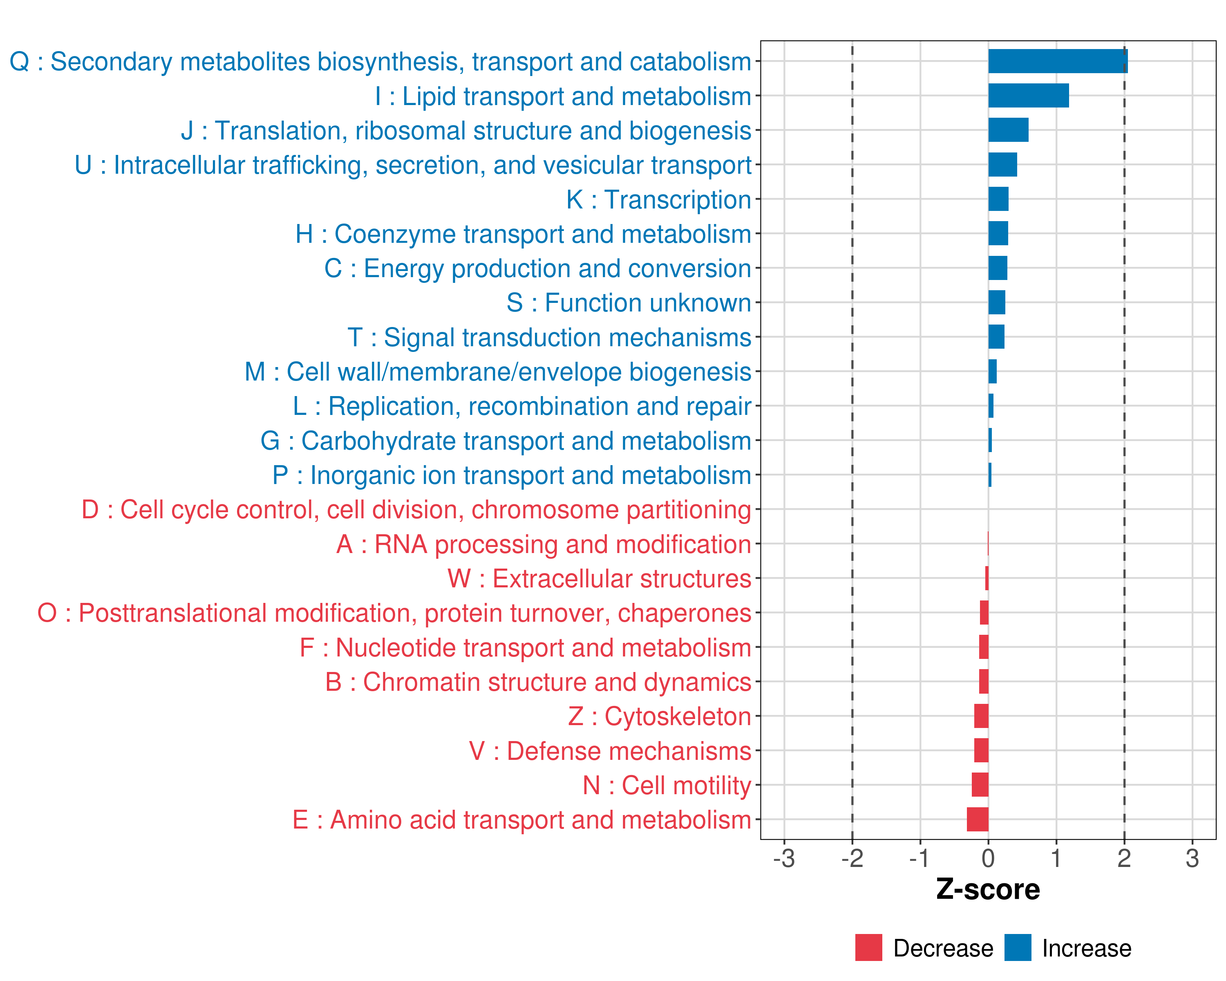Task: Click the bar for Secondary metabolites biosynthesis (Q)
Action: [x=1057, y=61]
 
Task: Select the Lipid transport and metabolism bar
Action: [x=1028, y=96]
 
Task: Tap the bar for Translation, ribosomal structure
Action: [x=1008, y=130]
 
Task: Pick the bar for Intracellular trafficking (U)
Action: [x=1002, y=165]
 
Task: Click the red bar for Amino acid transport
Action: [x=978, y=820]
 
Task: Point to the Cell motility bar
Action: [x=980, y=785]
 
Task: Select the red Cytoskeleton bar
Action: [x=981, y=716]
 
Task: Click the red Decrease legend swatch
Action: [x=868, y=947]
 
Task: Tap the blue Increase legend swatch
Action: [x=1017, y=947]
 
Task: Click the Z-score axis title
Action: [x=988, y=889]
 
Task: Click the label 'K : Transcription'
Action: [x=658, y=199]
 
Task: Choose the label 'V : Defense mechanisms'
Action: [x=610, y=751]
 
